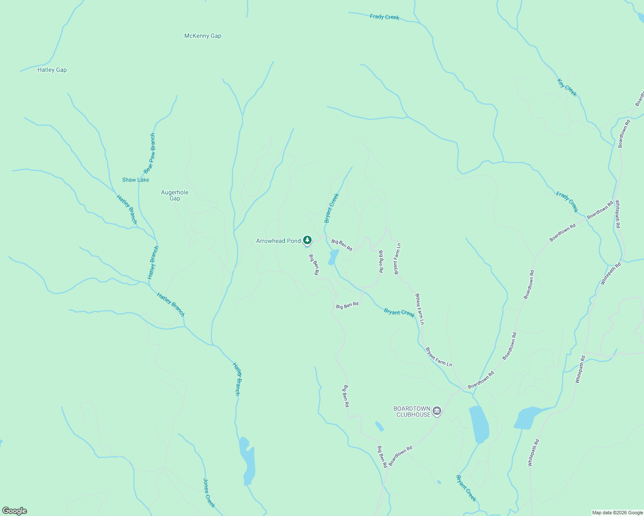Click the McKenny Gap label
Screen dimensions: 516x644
(x=203, y=36)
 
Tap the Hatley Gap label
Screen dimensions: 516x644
(x=52, y=70)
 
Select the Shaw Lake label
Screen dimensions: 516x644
(x=136, y=180)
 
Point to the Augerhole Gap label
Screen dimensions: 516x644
(x=175, y=195)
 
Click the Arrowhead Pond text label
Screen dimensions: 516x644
(x=279, y=241)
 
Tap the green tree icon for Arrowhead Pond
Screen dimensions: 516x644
(x=307, y=240)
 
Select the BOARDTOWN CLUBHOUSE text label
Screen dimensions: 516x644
(x=412, y=412)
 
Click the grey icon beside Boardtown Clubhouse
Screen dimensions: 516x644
(x=437, y=412)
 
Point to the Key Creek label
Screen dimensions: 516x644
(x=567, y=88)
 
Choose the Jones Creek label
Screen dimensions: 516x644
(x=209, y=493)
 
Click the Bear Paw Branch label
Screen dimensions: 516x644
(x=150, y=154)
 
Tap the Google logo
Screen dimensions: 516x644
(x=15, y=511)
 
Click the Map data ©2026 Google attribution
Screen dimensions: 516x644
(x=617, y=513)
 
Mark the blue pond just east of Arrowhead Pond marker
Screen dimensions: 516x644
(x=333, y=257)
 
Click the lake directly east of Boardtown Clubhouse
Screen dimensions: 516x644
(x=479, y=424)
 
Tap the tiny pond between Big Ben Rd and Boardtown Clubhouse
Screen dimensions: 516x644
(x=379, y=426)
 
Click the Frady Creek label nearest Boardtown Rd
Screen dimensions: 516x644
(x=567, y=202)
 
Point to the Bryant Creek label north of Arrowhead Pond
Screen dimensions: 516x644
(x=332, y=208)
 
